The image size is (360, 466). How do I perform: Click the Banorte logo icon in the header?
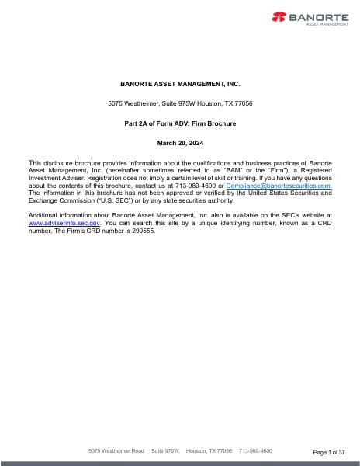coord(278,16)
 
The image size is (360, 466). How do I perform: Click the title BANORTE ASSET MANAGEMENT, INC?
coord(180,83)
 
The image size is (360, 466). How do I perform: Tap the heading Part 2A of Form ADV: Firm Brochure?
coord(180,123)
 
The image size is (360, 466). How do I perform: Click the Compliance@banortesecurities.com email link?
coord(279,186)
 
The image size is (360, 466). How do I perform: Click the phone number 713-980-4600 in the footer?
coord(255,450)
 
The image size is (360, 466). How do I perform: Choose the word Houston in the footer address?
coord(197,450)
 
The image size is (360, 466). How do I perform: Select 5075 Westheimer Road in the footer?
coord(117,450)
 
